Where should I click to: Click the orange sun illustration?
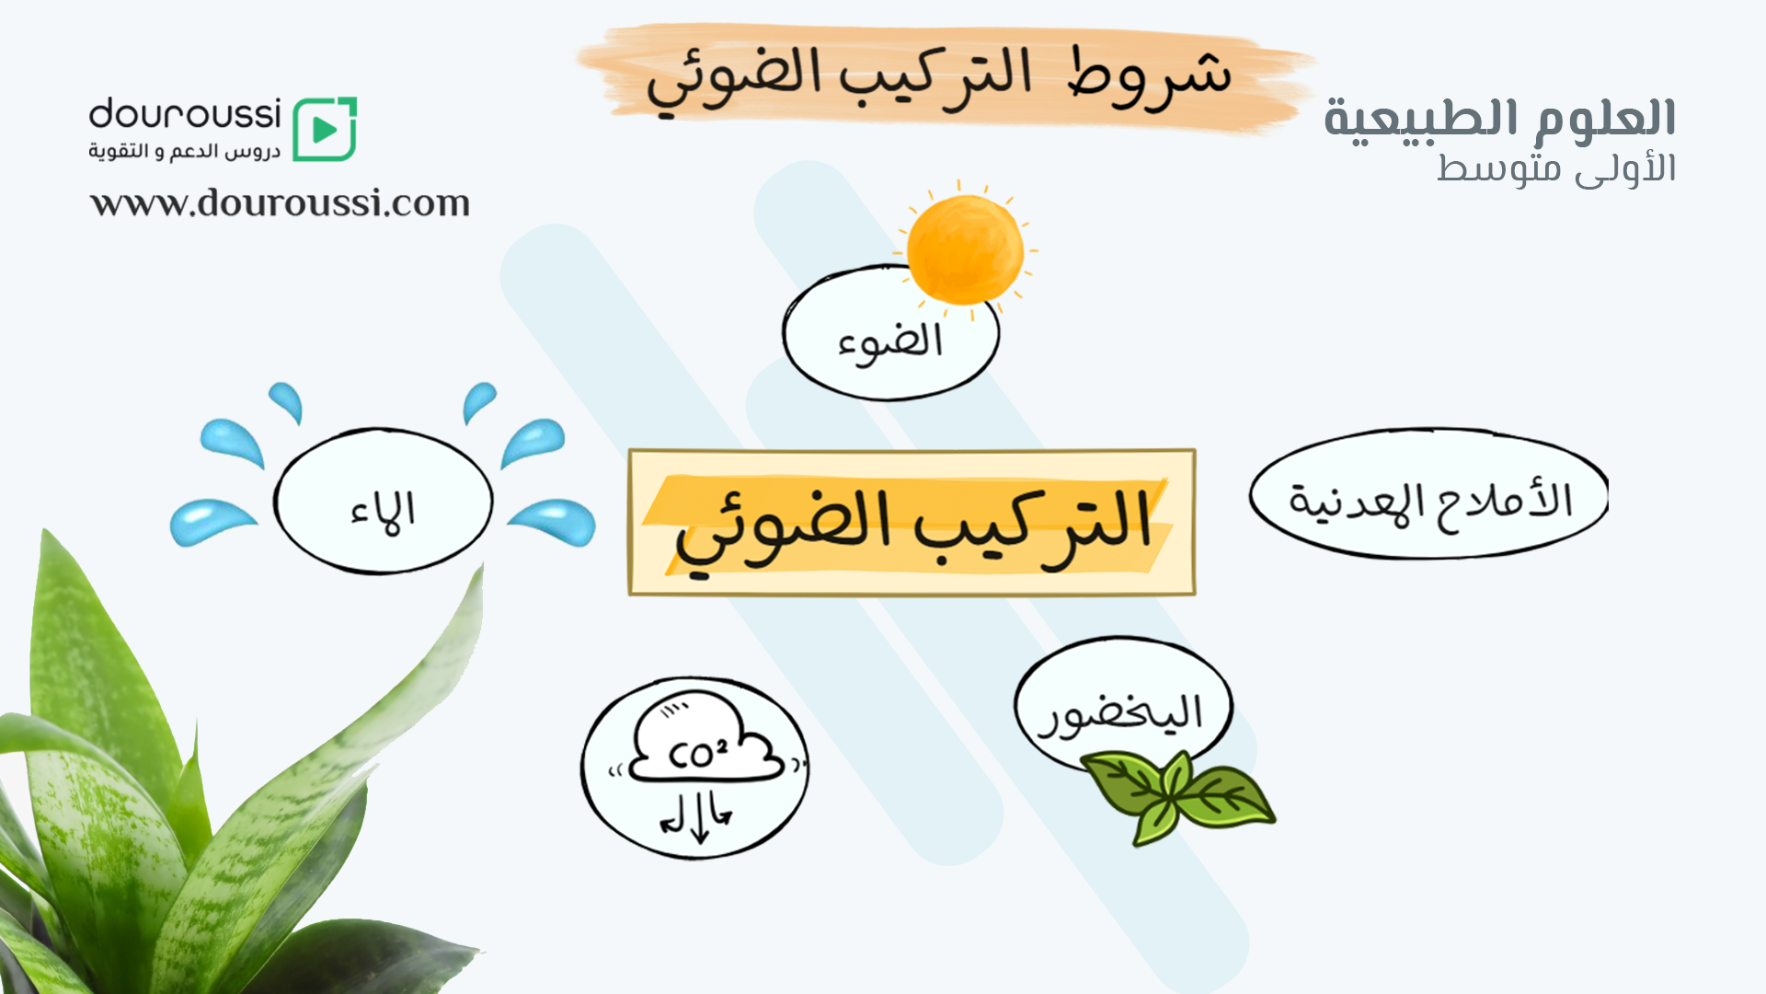[x=965, y=248]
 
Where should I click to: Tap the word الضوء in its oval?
[x=889, y=343]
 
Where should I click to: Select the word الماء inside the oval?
[x=383, y=512]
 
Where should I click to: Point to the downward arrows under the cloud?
[x=696, y=816]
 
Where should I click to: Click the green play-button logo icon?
[x=325, y=129]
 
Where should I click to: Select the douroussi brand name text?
[x=185, y=114]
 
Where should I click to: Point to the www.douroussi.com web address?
[x=280, y=202]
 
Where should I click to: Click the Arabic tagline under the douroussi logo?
[x=185, y=151]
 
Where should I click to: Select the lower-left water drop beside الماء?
[x=212, y=522]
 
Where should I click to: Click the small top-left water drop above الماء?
[x=286, y=402]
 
